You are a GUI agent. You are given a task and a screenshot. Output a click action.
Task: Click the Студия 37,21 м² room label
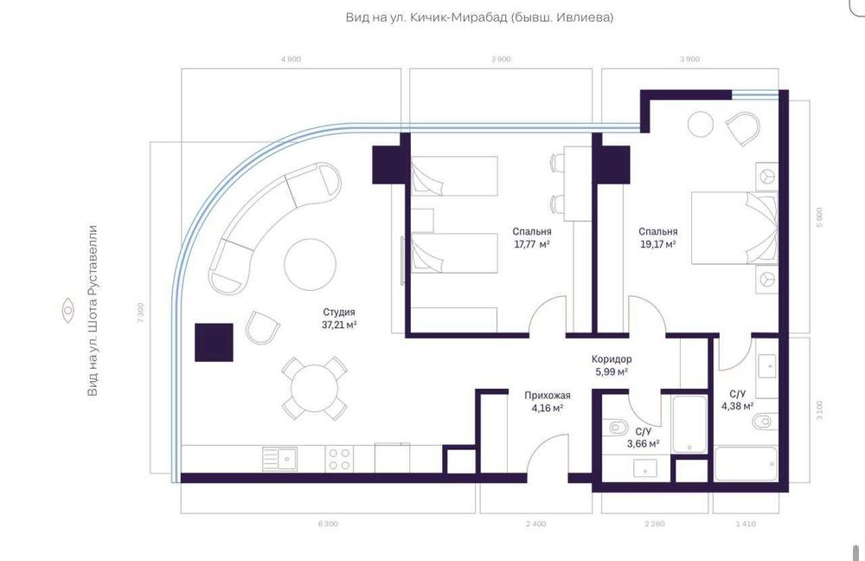point(339,319)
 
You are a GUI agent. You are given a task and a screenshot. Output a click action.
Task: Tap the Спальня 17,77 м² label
point(531,238)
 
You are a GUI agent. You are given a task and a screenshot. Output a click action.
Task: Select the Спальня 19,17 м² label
point(657,238)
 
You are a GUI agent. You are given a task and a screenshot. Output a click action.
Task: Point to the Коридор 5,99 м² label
point(611,365)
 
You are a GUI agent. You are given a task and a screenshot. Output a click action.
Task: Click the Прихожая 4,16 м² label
point(544,402)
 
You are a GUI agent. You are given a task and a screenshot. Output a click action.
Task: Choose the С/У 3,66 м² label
point(643,437)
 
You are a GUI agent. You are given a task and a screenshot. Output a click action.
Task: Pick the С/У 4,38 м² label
point(737,399)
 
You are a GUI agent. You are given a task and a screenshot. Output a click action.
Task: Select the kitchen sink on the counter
point(280,458)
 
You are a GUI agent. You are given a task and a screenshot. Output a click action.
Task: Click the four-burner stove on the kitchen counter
point(339,459)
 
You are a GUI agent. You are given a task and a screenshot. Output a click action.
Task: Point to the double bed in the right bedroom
point(734,227)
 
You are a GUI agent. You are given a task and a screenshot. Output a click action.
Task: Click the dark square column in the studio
point(214,341)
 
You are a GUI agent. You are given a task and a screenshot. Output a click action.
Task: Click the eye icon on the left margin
point(67,310)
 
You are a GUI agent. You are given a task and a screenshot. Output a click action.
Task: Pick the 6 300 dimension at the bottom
point(328,524)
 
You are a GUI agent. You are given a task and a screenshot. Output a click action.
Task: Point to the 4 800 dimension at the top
point(291,59)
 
